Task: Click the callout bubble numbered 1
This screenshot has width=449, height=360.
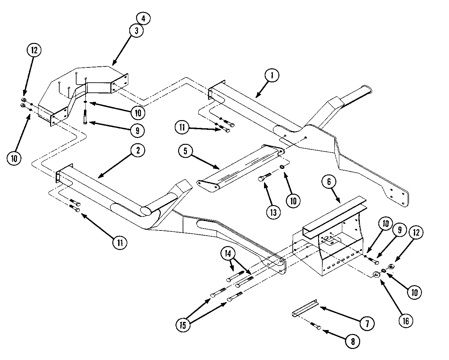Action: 272,75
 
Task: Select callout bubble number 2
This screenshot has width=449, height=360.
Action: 138,150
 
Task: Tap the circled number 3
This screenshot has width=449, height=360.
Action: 136,31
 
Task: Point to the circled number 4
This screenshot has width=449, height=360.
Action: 143,18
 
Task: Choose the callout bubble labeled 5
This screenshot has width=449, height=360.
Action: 186,151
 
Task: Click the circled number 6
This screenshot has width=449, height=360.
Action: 329,181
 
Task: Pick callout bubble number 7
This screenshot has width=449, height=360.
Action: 367,324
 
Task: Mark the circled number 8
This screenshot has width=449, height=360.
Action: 353,341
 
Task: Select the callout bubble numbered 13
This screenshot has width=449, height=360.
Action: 274,212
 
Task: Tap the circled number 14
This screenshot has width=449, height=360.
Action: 228,254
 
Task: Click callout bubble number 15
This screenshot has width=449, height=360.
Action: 183,325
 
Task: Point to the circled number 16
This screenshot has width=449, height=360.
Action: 406,321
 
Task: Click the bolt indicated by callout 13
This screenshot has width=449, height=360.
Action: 265,177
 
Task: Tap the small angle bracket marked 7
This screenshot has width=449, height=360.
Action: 305,308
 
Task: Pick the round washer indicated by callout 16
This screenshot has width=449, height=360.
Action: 376,274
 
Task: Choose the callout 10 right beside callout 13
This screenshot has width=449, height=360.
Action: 293,201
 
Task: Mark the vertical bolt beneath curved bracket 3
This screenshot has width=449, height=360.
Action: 85,117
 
